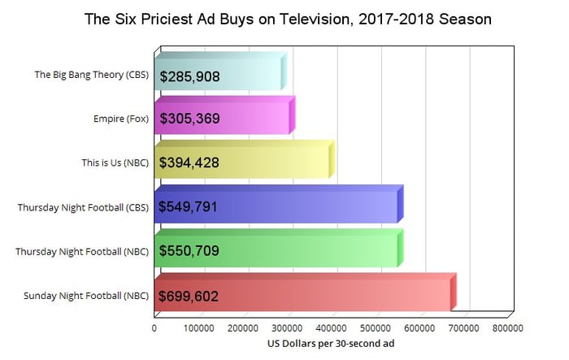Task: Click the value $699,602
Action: point(189,295)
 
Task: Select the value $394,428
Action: point(189,163)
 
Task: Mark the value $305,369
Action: point(189,119)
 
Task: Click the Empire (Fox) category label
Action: point(121,119)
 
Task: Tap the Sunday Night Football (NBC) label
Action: point(88,295)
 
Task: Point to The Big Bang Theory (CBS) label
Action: point(92,75)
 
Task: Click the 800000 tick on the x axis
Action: point(506,329)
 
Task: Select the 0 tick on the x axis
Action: point(154,329)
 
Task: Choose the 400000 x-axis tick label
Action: point(331,329)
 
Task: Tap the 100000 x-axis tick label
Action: point(198,329)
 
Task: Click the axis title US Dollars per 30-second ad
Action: point(331,344)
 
